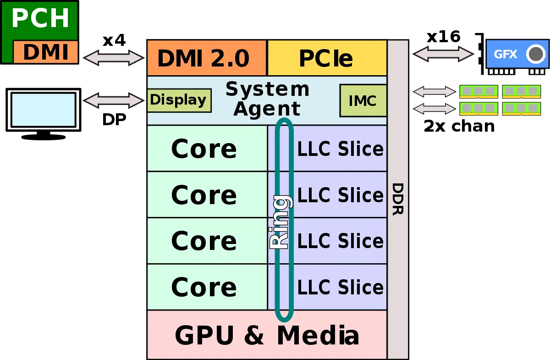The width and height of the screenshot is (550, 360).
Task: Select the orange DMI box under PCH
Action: click(x=46, y=52)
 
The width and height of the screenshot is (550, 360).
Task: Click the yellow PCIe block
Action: click(x=327, y=58)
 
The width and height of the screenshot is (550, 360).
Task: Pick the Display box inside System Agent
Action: click(x=179, y=100)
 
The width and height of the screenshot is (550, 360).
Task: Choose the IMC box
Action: click(x=363, y=100)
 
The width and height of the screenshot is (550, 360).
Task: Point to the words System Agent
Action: click(x=268, y=99)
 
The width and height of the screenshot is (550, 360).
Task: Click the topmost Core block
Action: click(x=204, y=149)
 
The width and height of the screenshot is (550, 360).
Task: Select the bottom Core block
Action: click(x=204, y=287)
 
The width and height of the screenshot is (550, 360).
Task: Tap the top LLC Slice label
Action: click(x=340, y=149)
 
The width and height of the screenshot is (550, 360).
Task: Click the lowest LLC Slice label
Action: click(x=340, y=287)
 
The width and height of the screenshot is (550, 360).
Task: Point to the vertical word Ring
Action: click(x=280, y=222)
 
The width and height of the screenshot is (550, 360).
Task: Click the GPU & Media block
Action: click(x=267, y=335)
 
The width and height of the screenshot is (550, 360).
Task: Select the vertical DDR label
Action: click(x=397, y=200)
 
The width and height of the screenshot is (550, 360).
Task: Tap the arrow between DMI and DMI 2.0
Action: click(x=114, y=57)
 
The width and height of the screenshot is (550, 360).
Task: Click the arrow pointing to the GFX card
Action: click(x=443, y=54)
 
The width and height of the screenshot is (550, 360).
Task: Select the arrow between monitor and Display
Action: click(x=114, y=100)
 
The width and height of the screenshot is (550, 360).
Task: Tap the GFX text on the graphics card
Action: click(x=505, y=55)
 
